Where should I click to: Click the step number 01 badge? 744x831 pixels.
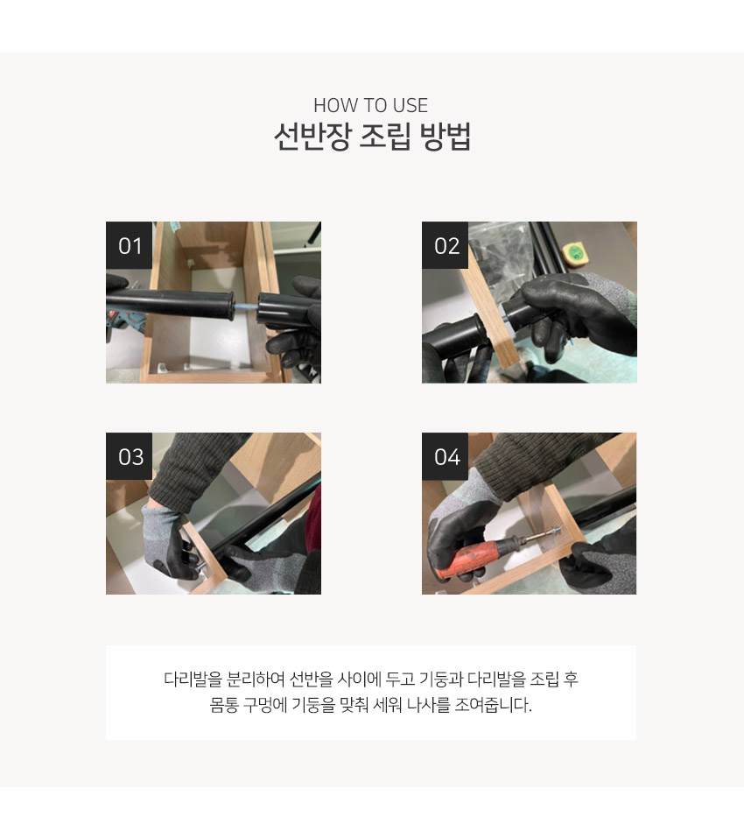[129, 245]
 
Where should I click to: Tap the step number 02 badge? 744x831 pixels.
[446, 245]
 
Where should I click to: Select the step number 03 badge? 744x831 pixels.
[130, 456]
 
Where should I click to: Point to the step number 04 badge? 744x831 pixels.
[446, 456]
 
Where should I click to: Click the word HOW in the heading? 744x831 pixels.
[331, 106]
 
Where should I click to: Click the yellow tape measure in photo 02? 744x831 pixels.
[577, 253]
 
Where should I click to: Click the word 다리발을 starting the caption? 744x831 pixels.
[193, 680]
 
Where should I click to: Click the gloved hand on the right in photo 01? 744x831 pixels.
[298, 320]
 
